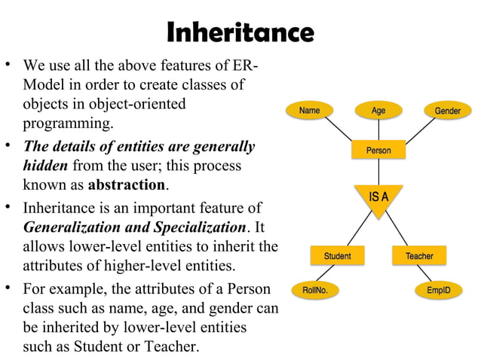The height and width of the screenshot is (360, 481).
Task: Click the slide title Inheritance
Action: tap(240, 32)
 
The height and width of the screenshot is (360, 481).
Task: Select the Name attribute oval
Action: tap(309, 111)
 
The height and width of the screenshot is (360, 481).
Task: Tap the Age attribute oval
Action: tap(378, 111)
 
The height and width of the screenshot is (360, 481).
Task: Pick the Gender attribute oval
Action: tap(448, 111)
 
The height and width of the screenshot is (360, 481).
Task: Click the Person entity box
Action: tap(378, 151)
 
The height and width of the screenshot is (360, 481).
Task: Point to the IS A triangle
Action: tap(378, 199)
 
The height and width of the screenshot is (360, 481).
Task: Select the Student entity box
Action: tap(337, 256)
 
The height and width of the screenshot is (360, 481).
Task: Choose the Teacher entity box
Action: tap(419, 256)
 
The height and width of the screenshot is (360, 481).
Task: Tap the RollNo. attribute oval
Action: tap(314, 289)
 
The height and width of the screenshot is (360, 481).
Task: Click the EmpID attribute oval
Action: tap(439, 289)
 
